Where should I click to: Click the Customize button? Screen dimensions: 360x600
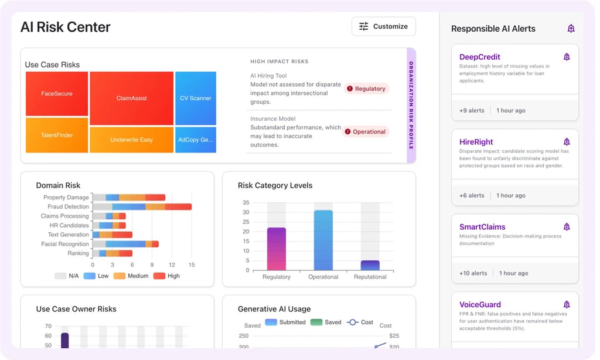click(x=383, y=26)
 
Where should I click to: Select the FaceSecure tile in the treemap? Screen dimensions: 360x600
click(x=57, y=94)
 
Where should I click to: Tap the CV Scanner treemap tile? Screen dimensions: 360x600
click(x=196, y=98)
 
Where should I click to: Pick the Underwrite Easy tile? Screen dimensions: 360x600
click(x=131, y=140)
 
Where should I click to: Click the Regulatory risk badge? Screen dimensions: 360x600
click(x=366, y=89)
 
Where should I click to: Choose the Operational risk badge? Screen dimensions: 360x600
click(x=366, y=132)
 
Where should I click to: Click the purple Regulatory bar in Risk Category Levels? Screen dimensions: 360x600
click(x=276, y=249)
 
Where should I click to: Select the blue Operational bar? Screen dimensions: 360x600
click(x=323, y=240)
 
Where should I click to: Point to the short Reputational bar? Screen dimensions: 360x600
click(x=370, y=265)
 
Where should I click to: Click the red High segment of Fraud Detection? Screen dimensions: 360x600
click(x=178, y=206)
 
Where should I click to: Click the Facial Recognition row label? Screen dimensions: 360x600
click(x=64, y=244)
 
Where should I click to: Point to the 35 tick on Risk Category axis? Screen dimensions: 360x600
click(x=246, y=203)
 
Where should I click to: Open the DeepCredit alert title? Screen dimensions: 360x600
click(x=480, y=57)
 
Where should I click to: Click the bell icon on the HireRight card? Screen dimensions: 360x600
click(x=567, y=142)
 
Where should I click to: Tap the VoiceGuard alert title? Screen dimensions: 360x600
click(x=480, y=304)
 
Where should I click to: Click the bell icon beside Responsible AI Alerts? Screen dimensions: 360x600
click(x=571, y=29)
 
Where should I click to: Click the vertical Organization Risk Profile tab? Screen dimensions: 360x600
click(x=411, y=106)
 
